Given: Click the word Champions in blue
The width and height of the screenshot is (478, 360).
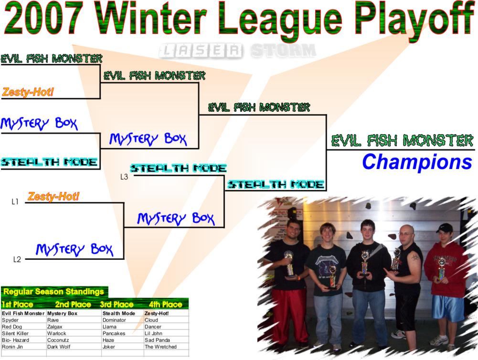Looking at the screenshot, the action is point(417,162).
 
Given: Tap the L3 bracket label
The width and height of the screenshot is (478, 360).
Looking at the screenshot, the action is point(124,177).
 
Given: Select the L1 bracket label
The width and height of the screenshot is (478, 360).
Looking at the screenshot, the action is point(15,201).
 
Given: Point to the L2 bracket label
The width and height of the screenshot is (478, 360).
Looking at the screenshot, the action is point(17,259).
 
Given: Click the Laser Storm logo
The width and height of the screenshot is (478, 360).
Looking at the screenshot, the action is point(237,51).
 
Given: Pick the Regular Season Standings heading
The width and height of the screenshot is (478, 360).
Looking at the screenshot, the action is point(53,292).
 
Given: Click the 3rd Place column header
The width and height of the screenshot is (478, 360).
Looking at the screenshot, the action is point(117,304).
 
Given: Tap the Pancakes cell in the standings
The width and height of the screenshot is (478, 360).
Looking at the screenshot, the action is point(114,333).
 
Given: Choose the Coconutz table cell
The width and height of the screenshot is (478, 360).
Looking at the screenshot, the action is point(58,340).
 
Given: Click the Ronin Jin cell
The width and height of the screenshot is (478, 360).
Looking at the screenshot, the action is point(12,347).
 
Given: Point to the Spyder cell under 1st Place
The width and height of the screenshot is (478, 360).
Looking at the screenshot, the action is point(10,320).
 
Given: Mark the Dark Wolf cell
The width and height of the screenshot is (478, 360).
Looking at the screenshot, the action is point(59,347).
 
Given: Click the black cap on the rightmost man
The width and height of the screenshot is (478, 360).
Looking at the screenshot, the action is point(444,227).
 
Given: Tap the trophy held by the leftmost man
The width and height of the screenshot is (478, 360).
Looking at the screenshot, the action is point(289,264).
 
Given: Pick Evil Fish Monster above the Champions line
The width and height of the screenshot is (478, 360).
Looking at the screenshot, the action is point(402,140).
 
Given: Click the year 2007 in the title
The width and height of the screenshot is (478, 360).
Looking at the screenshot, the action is point(42,17).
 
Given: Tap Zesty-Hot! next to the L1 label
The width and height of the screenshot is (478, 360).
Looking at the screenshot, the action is point(53,196).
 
